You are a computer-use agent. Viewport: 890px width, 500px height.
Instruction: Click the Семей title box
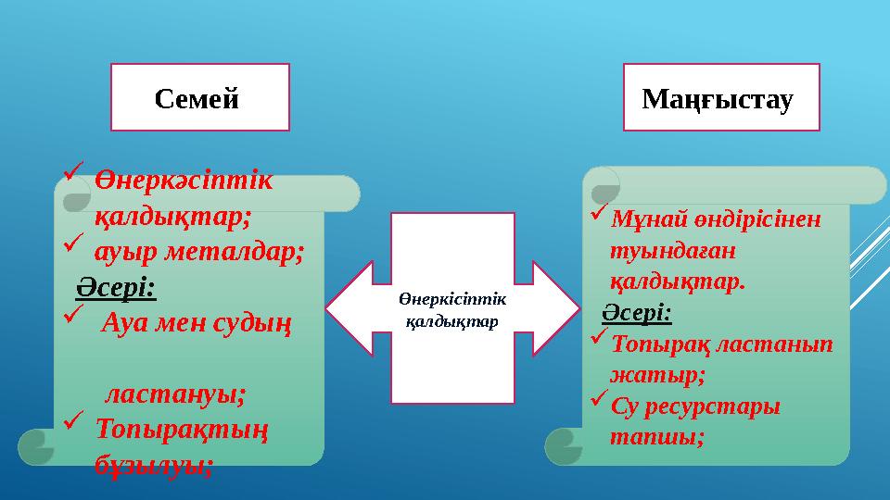coord(200,96)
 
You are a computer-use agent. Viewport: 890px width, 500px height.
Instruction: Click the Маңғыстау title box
coord(721,96)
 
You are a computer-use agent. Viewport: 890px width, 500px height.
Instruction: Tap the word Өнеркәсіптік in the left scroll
coord(184,181)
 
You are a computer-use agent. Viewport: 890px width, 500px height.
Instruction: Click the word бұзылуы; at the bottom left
coord(153,464)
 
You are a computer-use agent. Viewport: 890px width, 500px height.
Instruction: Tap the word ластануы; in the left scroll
coord(175,394)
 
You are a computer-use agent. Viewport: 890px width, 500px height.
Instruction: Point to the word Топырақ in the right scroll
coord(659,344)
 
